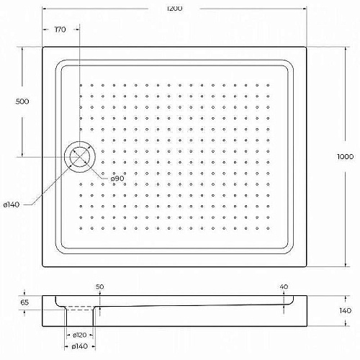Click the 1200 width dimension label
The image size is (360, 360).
(174, 9)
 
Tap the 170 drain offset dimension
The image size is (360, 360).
(60, 30)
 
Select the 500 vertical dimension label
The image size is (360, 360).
(22, 102)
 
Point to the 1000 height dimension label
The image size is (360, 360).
(345, 157)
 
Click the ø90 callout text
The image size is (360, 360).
(117, 179)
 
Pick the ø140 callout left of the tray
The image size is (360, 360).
(12, 204)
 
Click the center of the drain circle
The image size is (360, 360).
(80, 157)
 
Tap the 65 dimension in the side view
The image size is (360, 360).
(24, 302)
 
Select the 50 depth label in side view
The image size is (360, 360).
(100, 287)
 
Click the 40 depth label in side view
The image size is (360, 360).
(284, 287)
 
